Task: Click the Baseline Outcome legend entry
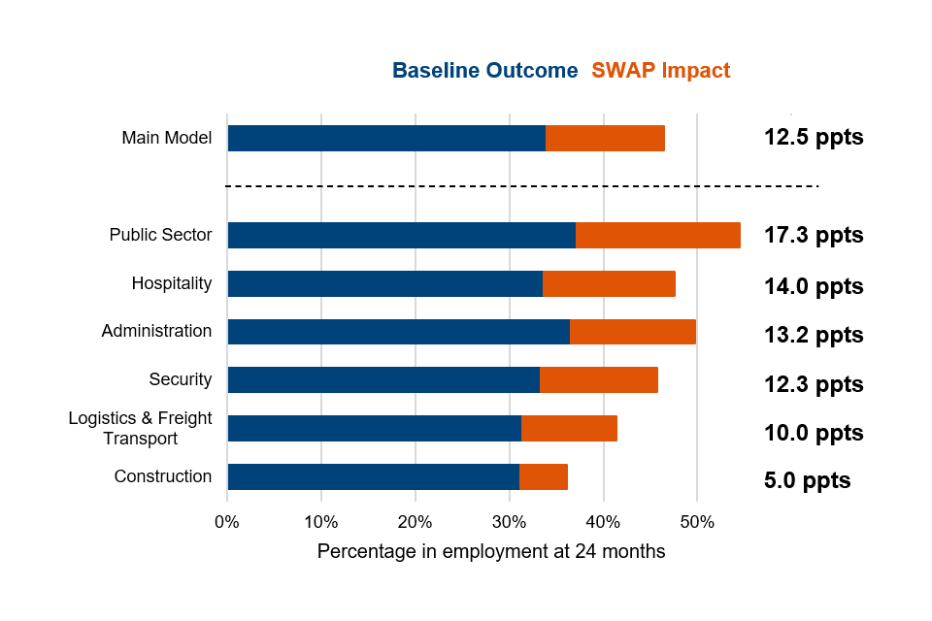click(x=484, y=71)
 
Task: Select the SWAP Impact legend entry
click(x=660, y=71)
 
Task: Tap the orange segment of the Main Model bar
click(x=605, y=138)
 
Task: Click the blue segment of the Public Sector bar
click(x=401, y=235)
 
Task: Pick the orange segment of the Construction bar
click(x=544, y=476)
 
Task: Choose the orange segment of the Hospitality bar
click(x=609, y=283)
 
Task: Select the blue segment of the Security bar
click(x=383, y=379)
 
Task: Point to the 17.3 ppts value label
click(x=814, y=235)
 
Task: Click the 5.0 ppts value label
click(x=807, y=480)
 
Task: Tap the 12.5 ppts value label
click(x=814, y=137)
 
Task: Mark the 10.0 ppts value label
click(x=814, y=433)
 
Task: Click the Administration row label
click(x=156, y=331)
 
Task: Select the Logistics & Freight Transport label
click(x=140, y=428)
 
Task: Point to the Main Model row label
click(x=166, y=138)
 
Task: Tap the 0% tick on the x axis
click(x=226, y=522)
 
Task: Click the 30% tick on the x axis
click(x=509, y=522)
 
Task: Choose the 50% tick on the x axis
click(x=697, y=522)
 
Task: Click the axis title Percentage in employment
click(x=491, y=551)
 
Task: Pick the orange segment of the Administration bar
click(x=632, y=331)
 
